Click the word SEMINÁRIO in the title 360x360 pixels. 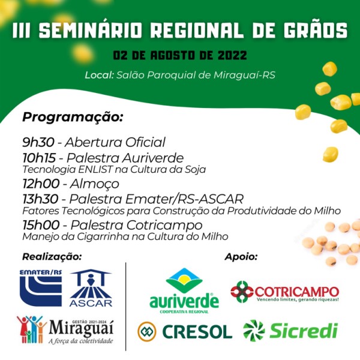coord(91,30)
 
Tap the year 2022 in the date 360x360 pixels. coord(232,55)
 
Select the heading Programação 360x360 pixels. coord(73,118)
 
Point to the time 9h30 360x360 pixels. coord(38,142)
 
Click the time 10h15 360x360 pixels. coord(39,158)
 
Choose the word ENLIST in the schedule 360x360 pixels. coord(95,170)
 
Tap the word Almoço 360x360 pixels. coord(95,184)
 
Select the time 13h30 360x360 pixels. coord(40,199)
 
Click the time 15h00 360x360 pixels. coord(41,225)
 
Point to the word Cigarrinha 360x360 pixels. coord(104,237)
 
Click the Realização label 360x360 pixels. coord(52,257)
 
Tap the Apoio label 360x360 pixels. coord(241,257)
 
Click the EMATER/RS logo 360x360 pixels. coord(41,288)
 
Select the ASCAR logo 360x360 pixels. coord(91,288)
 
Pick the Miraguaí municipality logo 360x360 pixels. coord(65,329)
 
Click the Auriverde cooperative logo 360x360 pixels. coord(184,291)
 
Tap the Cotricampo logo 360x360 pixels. coord(285,292)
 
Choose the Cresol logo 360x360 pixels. coord(185,332)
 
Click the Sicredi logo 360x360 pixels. coord(290,331)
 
